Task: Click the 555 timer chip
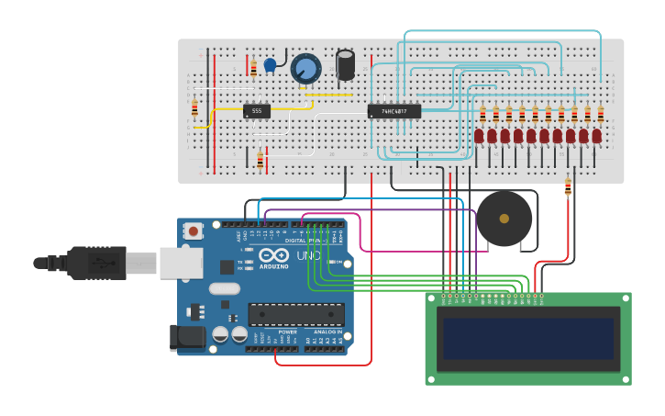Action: click(x=257, y=111)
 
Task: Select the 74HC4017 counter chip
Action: click(x=393, y=111)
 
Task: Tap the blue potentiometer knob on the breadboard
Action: click(x=306, y=68)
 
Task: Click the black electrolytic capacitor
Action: click(x=346, y=64)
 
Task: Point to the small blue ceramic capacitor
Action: click(x=270, y=65)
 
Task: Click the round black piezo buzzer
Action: click(x=504, y=219)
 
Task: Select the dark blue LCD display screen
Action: click(x=527, y=339)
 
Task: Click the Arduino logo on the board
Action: click(x=279, y=256)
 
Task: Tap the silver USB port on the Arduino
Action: click(x=181, y=263)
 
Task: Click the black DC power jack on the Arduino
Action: click(x=187, y=337)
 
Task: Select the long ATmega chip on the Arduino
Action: click(x=296, y=314)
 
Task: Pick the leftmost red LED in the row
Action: click(x=479, y=136)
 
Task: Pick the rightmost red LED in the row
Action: click(x=596, y=136)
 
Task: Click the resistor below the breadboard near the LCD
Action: click(x=568, y=187)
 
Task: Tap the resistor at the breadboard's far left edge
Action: click(x=194, y=107)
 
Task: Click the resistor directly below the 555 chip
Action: click(x=260, y=160)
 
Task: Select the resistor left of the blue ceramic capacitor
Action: click(x=253, y=68)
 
